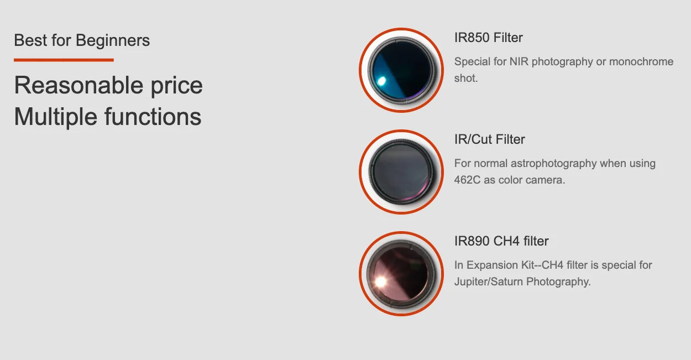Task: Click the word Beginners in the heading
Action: pos(113,41)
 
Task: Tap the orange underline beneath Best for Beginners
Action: pos(64,60)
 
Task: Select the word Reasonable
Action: pos(78,85)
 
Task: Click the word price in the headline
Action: pos(176,86)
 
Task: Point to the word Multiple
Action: pos(55,117)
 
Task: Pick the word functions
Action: pos(153,117)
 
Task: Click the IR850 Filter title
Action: pos(488,38)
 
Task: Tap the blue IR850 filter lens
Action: pos(401,70)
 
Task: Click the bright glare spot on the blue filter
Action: pos(381,81)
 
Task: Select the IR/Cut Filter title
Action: pos(489,139)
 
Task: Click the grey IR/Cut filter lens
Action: pos(401,172)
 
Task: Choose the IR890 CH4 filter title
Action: pos(501,241)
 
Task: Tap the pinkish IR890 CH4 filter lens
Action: pos(401,274)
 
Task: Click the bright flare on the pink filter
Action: pos(380,281)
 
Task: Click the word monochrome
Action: pos(641,62)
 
